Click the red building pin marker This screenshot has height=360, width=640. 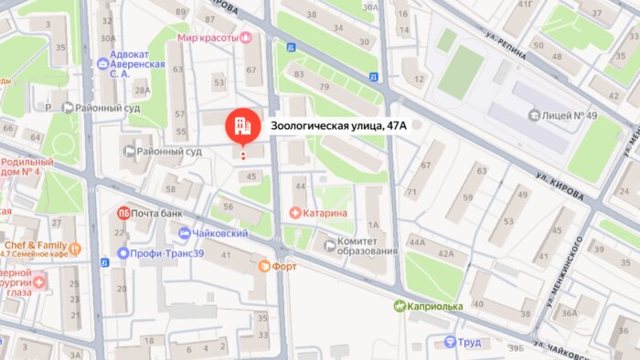pyautogui.click(x=242, y=126)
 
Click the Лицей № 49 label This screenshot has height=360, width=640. pyautogui.click(x=571, y=115)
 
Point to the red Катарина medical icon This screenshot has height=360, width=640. pyautogui.click(x=295, y=213)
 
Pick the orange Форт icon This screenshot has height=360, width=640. pyautogui.click(x=265, y=266)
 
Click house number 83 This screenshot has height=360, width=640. pyautogui.click(x=299, y=74)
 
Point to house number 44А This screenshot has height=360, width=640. pyautogui.click(x=416, y=242)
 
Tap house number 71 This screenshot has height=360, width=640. pyautogui.click(x=411, y=193)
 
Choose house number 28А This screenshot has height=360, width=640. pyautogui.click(x=141, y=90)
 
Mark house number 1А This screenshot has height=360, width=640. pyautogui.click(x=373, y=224)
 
